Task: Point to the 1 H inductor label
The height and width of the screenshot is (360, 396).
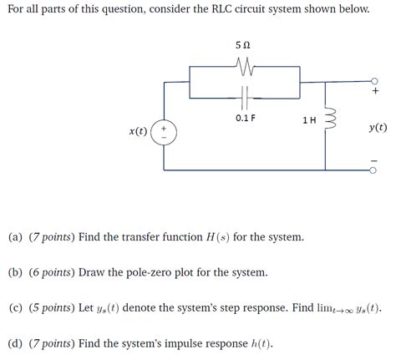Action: (x=309, y=120)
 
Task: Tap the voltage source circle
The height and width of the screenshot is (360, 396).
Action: (x=164, y=131)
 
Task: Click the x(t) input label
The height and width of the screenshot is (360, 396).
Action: (x=139, y=131)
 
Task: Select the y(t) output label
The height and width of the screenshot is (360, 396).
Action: (x=377, y=128)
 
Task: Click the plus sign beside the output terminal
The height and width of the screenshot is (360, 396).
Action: (x=375, y=93)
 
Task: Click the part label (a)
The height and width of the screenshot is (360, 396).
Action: (x=16, y=237)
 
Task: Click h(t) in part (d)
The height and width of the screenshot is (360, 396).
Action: (x=258, y=343)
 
